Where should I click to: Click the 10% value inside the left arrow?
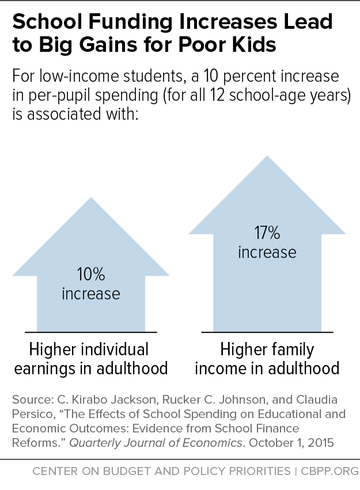click(x=90, y=275)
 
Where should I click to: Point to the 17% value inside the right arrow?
click(x=267, y=233)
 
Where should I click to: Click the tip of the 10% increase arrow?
click(x=90, y=199)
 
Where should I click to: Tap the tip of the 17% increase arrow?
click(x=267, y=157)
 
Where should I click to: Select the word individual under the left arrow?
click(x=111, y=350)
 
